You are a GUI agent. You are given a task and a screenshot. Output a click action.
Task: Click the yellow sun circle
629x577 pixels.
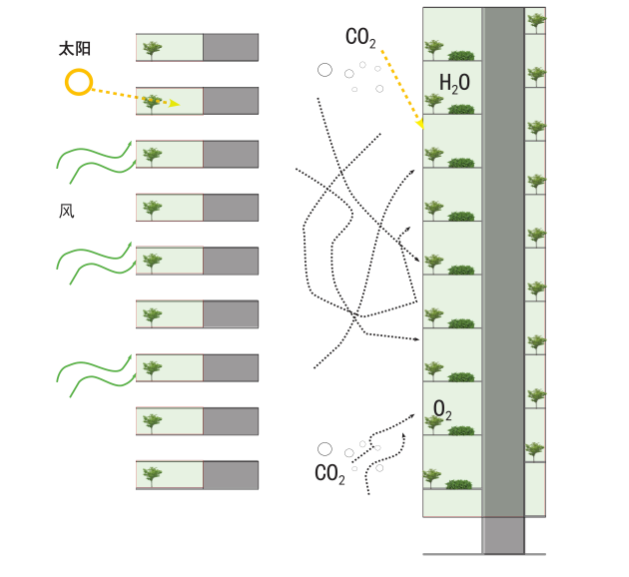(x=79, y=82)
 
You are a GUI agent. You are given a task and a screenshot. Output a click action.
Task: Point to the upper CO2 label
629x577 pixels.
(x=360, y=38)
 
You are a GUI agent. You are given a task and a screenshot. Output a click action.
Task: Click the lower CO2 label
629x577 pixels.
(x=330, y=474)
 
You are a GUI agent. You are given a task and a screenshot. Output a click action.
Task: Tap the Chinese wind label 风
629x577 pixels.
(x=67, y=212)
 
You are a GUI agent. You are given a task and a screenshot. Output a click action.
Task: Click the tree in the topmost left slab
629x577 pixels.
(x=153, y=47)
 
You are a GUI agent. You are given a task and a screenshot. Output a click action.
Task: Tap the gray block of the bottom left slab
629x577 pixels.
(x=231, y=474)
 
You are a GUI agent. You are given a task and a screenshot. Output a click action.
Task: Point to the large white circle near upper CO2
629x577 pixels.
(x=324, y=70)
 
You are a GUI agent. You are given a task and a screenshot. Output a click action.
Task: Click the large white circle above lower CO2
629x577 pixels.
(x=324, y=449)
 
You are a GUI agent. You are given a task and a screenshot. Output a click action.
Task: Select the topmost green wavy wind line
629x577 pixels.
(x=95, y=159)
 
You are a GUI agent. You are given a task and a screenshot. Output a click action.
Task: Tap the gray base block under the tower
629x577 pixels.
(x=503, y=535)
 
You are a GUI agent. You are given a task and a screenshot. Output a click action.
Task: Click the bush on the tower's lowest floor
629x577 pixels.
(x=459, y=485)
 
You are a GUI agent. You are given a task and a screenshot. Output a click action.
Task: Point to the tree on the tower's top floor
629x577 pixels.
(x=434, y=48)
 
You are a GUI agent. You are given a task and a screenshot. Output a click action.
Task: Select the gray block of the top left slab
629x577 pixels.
(x=231, y=47)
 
